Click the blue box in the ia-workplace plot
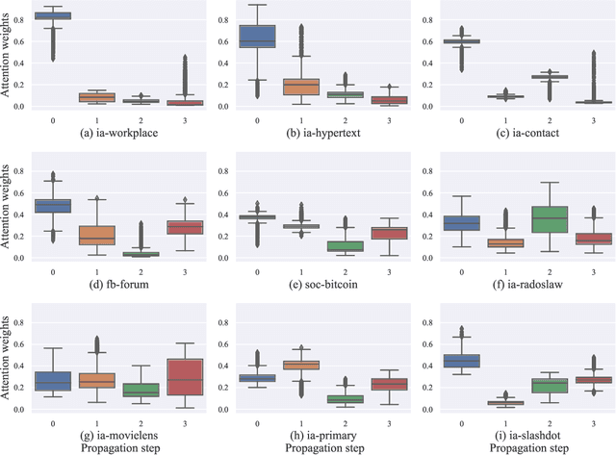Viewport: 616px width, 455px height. click(x=53, y=15)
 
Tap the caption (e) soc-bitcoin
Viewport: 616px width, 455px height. click(x=307, y=283)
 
